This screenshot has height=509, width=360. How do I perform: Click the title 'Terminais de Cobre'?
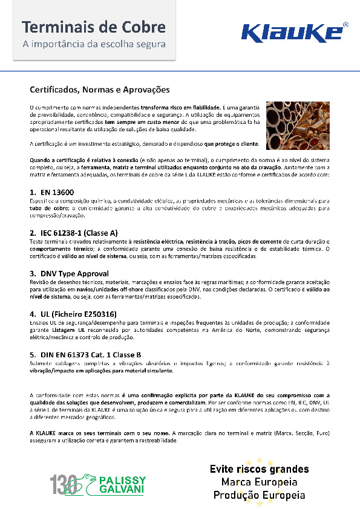click(94, 27)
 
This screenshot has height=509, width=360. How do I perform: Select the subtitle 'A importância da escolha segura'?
click(94, 44)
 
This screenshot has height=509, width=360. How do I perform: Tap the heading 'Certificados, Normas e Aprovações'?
click(100, 89)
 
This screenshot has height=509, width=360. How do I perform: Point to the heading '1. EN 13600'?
click(50, 192)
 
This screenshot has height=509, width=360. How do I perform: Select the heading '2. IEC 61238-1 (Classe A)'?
click(74, 232)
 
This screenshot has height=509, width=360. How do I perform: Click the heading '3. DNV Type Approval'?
click(66, 273)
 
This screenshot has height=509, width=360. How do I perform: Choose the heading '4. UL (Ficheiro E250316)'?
click(73, 314)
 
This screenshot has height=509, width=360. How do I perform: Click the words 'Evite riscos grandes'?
click(259, 469)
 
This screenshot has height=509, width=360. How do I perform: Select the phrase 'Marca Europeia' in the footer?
click(259, 482)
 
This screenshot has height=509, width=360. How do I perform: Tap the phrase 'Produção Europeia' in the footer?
click(259, 494)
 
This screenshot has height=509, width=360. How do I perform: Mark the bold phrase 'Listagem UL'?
click(66, 331)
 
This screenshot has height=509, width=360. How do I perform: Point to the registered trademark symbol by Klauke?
click(345, 25)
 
